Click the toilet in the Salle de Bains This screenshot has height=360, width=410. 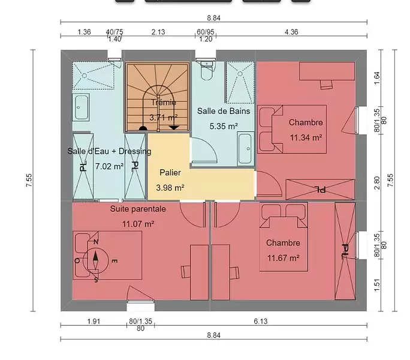[207, 71]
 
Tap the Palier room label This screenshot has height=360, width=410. [170, 173]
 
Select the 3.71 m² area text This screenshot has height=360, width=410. [164, 117]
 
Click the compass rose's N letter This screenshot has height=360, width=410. [96, 242]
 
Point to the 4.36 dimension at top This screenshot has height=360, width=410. [291, 32]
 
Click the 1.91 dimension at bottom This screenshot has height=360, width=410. [94, 321]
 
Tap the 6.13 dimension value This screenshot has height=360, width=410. [260, 321]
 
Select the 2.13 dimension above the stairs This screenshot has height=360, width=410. [158, 32]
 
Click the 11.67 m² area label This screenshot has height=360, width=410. [283, 258]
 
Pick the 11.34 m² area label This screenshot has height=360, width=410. [306, 137]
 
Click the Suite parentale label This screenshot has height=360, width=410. [138, 209]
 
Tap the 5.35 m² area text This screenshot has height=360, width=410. [224, 126]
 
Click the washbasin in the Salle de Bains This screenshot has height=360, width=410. [245, 149]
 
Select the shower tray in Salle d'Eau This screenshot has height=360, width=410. [94, 76]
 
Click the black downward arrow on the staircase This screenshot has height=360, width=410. [174, 128]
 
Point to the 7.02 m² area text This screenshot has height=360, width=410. [109, 167]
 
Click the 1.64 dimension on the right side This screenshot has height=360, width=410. [377, 78]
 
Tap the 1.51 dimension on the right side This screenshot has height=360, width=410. [377, 284]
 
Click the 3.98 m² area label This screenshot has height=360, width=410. [170, 188]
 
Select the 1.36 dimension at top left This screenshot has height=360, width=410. [84, 32]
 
